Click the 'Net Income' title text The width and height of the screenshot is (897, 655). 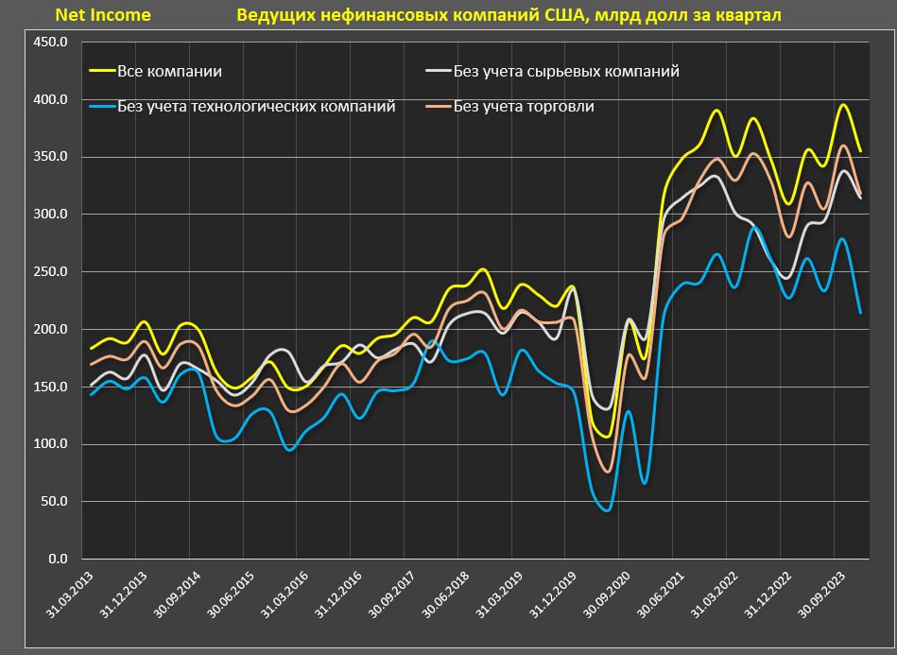(103, 15)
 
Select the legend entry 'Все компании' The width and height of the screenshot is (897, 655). (170, 71)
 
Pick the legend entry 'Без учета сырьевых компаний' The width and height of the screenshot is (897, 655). (566, 71)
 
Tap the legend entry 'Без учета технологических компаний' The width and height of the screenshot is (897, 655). (256, 106)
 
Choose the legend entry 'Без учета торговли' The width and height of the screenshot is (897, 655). (524, 106)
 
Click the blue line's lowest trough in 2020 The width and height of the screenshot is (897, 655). (606, 510)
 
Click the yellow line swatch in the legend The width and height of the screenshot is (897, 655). (101, 71)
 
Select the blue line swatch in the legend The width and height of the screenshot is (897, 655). (101, 106)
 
